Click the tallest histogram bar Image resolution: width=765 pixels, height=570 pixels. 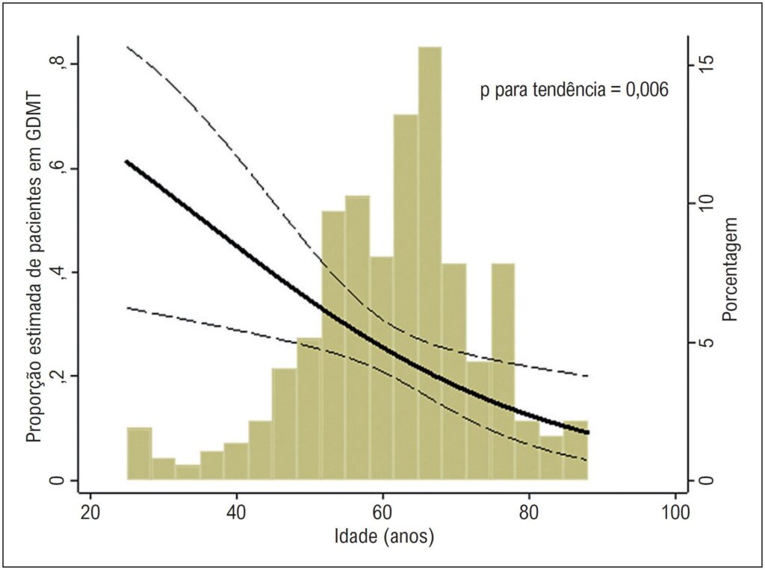430,264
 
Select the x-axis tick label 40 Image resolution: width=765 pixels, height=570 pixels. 236,512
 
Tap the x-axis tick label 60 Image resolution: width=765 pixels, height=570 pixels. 382,512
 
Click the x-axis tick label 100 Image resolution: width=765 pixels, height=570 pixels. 675,512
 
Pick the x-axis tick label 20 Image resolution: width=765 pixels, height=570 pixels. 90,512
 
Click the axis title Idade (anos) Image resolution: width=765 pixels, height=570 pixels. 384,537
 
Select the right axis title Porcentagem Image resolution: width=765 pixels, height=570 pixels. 730,269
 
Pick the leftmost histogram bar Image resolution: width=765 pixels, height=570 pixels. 140,454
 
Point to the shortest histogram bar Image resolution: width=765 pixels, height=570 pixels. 188,472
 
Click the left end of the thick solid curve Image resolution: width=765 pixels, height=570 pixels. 126,161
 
